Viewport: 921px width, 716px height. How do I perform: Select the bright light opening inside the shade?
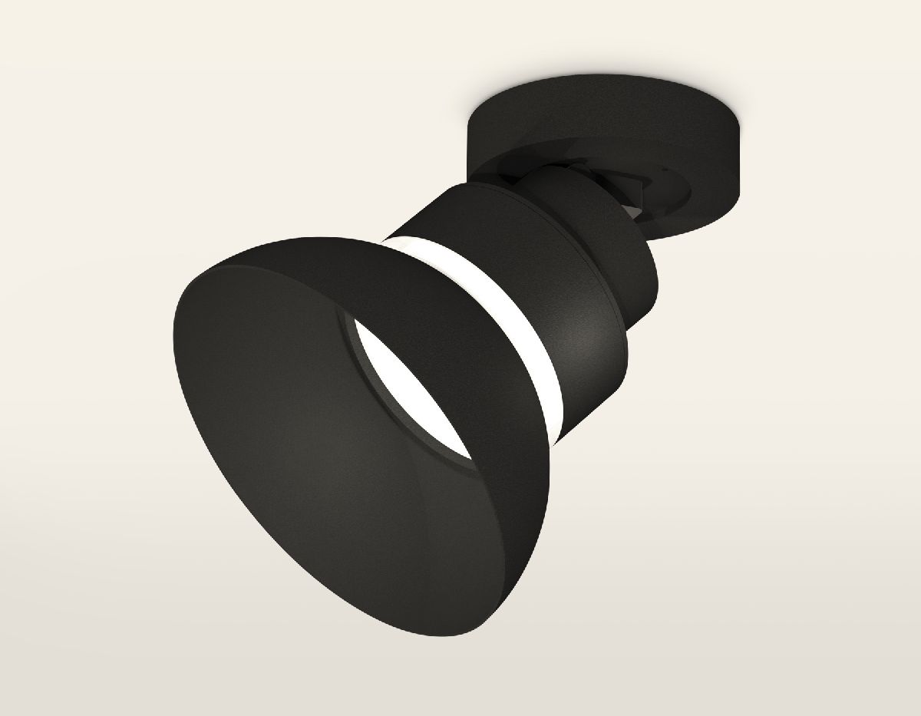tap(399, 384)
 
